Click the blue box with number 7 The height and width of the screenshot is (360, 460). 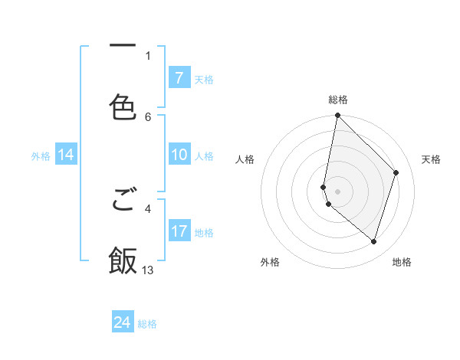[179, 78]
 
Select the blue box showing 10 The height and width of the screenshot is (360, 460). [179, 155]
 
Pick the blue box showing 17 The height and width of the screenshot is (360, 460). [179, 231]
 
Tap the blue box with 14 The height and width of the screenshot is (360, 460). [66, 155]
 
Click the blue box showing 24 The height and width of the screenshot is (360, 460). [123, 322]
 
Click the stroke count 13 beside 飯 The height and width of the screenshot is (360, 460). [148, 270]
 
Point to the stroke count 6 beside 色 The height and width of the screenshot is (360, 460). [148, 116]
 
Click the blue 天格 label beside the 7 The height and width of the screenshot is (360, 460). [204, 80]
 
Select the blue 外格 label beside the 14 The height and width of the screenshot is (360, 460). [41, 156]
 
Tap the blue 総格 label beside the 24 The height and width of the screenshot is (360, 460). [147, 324]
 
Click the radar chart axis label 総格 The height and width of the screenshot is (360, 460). [338, 100]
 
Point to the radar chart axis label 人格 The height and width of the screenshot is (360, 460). [245, 159]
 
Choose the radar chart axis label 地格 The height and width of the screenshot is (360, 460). [402, 262]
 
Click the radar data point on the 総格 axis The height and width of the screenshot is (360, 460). [337, 116]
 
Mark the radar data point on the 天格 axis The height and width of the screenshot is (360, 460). [396, 172]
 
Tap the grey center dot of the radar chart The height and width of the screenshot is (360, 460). [337, 191]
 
